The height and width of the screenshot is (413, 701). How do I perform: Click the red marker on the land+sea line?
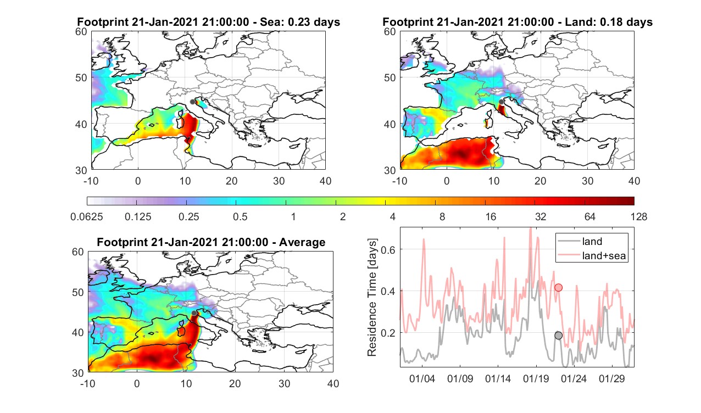(x=558, y=288)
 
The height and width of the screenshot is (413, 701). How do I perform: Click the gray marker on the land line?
(x=558, y=336)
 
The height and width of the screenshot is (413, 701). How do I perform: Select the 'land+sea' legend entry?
(x=592, y=255)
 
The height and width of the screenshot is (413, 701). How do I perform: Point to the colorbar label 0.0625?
(x=87, y=216)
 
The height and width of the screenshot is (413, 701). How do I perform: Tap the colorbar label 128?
(x=639, y=216)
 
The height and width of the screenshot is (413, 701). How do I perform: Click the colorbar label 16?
(x=491, y=216)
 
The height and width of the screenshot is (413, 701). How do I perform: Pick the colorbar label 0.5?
(x=240, y=216)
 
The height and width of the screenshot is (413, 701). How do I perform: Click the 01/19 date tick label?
(x=536, y=378)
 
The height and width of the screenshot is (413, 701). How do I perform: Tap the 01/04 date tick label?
(x=422, y=378)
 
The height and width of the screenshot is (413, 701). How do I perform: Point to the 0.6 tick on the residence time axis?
(x=388, y=250)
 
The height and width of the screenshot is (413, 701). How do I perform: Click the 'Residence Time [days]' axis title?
(x=372, y=298)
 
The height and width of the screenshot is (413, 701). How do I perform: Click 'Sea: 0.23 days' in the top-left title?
(x=300, y=22)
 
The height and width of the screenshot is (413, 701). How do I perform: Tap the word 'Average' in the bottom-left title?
(x=302, y=242)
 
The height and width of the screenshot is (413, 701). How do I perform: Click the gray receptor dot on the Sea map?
(x=192, y=102)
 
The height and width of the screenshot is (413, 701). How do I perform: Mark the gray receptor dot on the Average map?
(x=194, y=313)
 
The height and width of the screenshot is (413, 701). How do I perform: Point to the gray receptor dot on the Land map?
(x=502, y=102)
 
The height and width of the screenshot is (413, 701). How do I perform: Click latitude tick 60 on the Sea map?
(x=81, y=31)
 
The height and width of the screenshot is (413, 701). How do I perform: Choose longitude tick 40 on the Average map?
(x=333, y=383)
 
